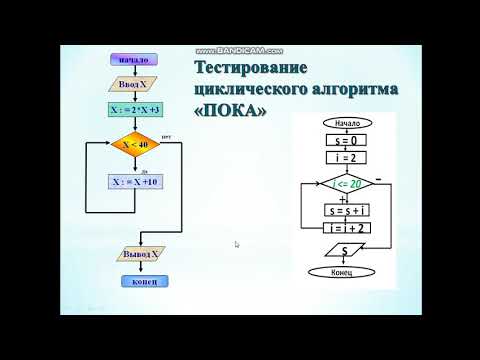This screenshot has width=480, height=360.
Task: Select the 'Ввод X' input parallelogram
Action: point(133,85)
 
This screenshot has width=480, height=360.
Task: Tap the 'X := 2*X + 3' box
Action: point(134,109)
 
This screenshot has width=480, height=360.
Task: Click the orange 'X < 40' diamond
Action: point(135,144)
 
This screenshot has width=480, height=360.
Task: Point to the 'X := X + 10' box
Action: point(134,182)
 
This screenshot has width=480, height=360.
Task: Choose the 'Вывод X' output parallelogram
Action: point(134,255)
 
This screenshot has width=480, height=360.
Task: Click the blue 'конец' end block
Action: point(134,280)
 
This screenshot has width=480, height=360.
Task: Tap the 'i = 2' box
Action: point(348,159)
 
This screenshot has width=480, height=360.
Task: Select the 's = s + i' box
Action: point(348,211)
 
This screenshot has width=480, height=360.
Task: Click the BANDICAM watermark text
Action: point(240,49)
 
